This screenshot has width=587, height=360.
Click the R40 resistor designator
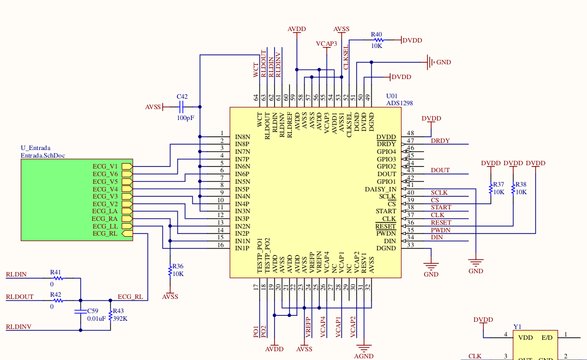376,34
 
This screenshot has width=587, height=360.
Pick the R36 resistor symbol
170,270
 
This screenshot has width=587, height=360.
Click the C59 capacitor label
93,310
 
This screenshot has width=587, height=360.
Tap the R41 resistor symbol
57,278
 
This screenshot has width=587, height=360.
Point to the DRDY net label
440,141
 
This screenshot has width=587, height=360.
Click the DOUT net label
440,170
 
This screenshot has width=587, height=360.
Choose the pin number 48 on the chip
411,133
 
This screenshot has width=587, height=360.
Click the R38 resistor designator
521,184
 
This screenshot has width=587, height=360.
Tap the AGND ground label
364,356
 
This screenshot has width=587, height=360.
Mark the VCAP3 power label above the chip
327,43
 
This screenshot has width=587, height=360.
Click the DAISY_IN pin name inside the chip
380,189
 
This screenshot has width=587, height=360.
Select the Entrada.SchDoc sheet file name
43,155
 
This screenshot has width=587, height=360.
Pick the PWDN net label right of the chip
440,230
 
